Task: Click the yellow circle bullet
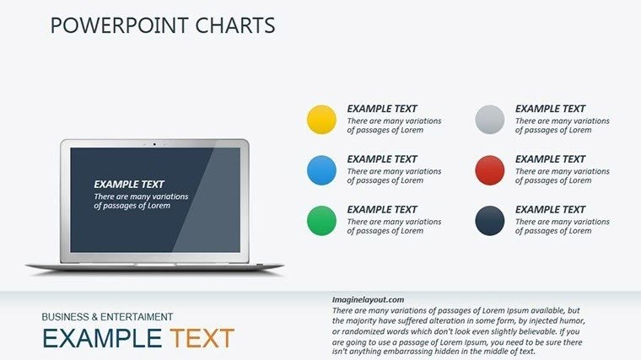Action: (x=321, y=120)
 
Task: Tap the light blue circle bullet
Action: (x=321, y=170)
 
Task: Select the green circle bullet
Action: (x=321, y=221)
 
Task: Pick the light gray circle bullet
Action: (x=490, y=120)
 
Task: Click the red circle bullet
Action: (x=490, y=170)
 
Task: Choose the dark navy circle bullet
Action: (x=490, y=221)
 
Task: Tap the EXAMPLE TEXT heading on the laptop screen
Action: (x=129, y=184)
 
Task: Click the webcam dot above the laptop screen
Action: (x=154, y=143)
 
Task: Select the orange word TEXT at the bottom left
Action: (x=202, y=339)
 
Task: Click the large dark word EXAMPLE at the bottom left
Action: (x=101, y=339)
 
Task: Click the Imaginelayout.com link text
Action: (x=369, y=299)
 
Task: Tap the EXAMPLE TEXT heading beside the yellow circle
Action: (x=382, y=109)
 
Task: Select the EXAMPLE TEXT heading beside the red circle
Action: (x=550, y=159)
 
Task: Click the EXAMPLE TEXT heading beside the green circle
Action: (x=382, y=210)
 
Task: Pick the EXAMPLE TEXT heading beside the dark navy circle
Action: (x=550, y=210)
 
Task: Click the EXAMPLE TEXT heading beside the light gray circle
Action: (x=550, y=109)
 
